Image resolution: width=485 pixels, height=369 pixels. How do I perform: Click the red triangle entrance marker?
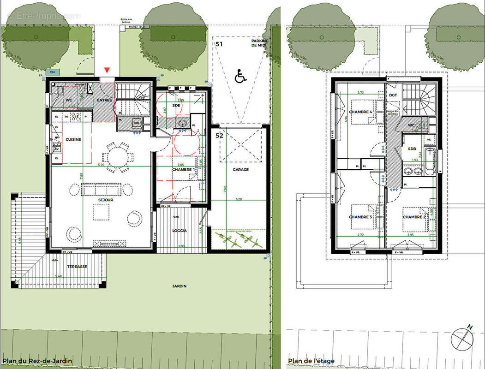tap(107, 70)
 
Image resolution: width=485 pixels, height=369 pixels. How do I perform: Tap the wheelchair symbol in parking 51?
tap(240, 76)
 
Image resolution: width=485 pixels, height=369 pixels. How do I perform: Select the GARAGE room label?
tap(240, 169)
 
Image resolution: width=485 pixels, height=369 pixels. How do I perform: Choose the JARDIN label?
tap(180, 286)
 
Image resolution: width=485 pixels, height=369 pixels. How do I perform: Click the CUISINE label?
tap(73, 139)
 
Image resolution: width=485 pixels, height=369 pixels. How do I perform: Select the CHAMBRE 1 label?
tap(184, 170)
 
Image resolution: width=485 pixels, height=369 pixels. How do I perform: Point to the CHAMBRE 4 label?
tap(360, 112)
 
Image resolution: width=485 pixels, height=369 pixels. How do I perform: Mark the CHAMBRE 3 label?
tap(360, 217)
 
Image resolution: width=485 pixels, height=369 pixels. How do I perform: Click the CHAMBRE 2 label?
tap(414, 216)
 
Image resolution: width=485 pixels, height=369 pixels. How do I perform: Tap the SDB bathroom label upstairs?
tap(412, 149)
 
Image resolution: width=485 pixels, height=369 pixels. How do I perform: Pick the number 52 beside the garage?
tap(219, 136)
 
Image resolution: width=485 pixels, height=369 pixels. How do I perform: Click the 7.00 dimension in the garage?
tap(225, 189)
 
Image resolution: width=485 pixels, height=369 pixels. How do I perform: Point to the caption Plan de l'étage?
tap(311, 361)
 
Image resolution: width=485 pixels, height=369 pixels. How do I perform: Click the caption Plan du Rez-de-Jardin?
tap(37, 361)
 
